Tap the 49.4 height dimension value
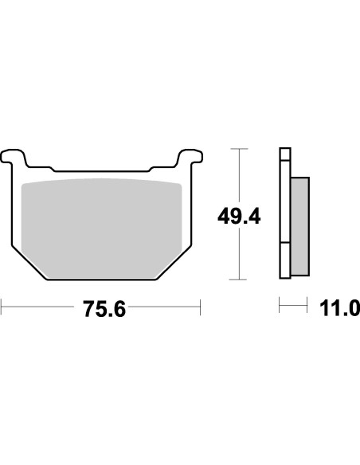click(237, 215)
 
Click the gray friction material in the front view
click(104, 227)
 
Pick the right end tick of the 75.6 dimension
click(199, 305)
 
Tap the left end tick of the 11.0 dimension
click(279, 305)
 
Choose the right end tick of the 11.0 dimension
click(307, 305)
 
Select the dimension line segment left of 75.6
click(40, 305)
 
